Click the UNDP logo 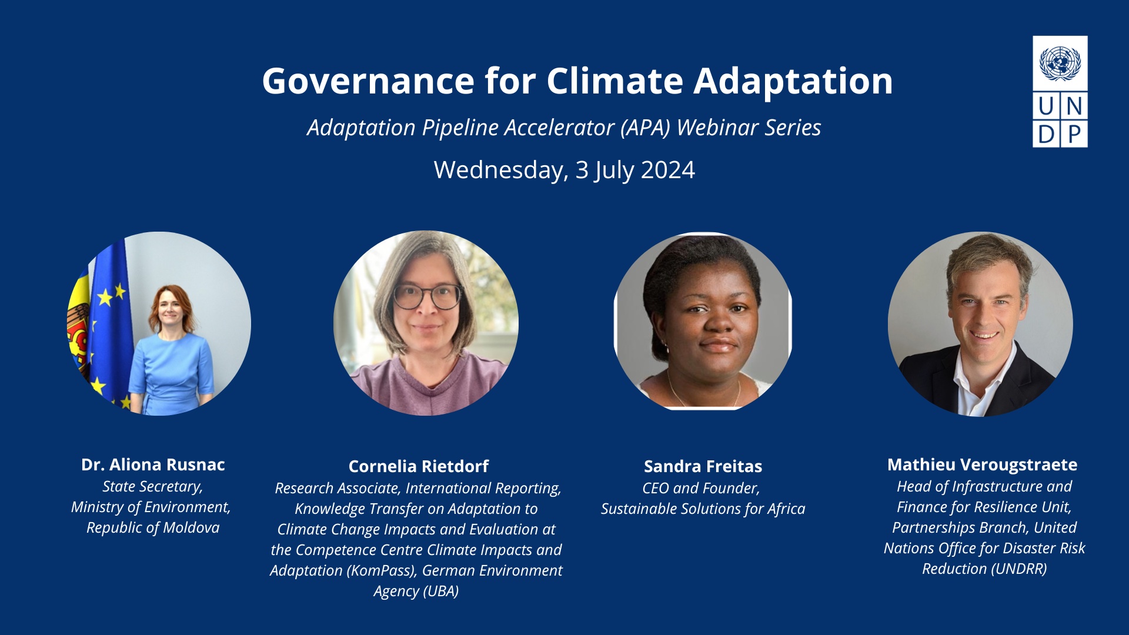point(1060,91)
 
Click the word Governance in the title point(368,81)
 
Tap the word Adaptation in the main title point(793,81)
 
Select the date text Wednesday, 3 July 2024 point(564,170)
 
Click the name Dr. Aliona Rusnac point(153,464)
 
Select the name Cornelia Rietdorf point(419,466)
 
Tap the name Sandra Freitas point(703,466)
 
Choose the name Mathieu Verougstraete point(983,464)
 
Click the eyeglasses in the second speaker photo point(427,296)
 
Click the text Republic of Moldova point(153,528)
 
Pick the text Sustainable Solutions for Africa point(703,509)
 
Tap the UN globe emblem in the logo point(1060,63)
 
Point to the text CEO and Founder point(702,488)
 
